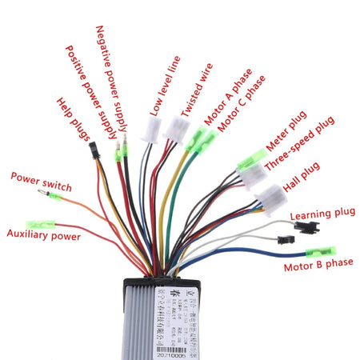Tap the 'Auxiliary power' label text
(x=43, y=235)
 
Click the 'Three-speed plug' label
(x=299, y=154)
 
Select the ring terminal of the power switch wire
(x=35, y=193)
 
